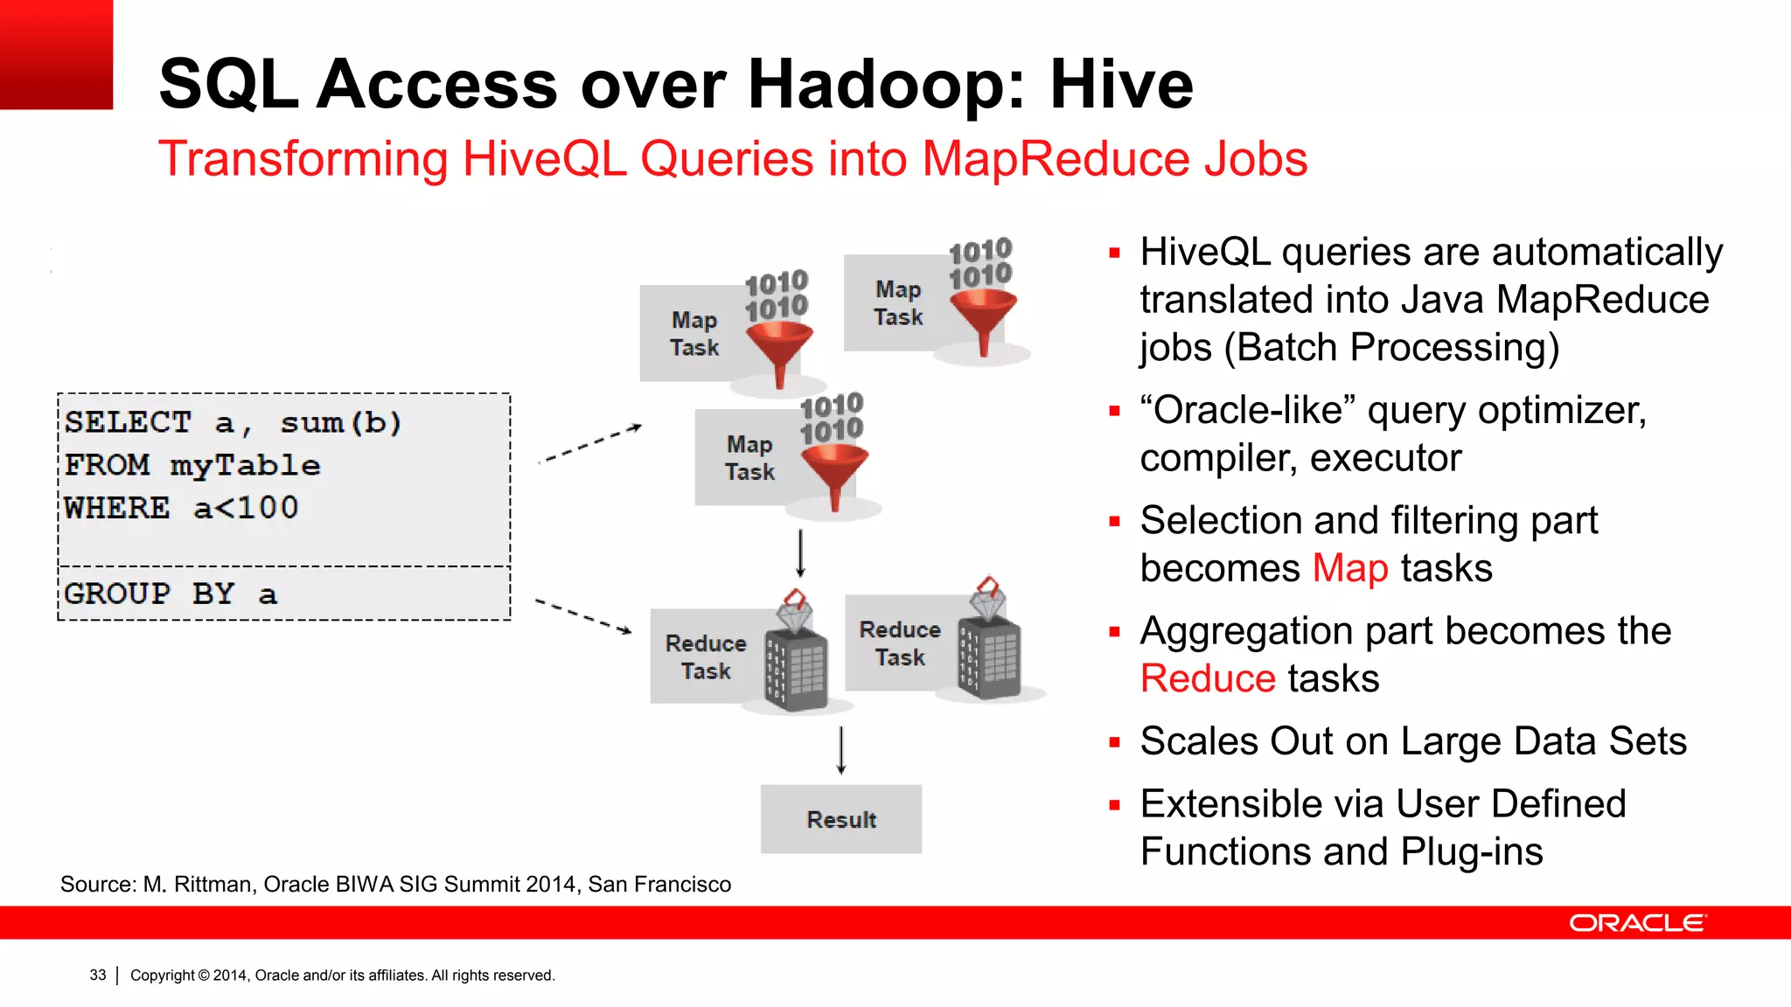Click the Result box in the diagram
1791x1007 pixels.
[840, 819]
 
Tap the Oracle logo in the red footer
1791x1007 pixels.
[1636, 923]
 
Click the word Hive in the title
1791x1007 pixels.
[1121, 85]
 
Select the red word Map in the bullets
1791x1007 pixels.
[1350, 568]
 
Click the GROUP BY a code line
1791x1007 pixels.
[171, 594]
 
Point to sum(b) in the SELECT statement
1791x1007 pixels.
[340, 423]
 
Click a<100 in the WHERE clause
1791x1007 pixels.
[246, 508]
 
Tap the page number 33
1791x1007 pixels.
[98, 975]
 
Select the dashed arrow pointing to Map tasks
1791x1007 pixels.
[590, 444]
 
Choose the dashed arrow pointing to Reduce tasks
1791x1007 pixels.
[583, 615]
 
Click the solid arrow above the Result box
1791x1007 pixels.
[841, 750]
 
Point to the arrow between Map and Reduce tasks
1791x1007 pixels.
[800, 552]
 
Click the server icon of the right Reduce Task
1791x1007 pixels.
[989, 656]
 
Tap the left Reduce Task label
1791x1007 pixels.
[706, 657]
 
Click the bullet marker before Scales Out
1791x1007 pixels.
[1114, 743]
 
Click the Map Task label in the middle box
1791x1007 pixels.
[749, 458]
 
